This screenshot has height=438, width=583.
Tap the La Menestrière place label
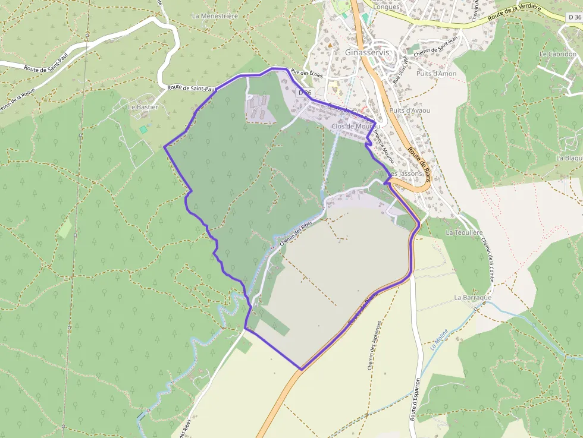215,16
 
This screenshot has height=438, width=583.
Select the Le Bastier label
143,107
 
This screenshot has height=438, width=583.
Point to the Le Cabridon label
557,53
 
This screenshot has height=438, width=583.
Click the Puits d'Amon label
436,74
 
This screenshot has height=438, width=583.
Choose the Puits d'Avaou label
409,111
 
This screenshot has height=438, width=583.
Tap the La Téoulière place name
464,232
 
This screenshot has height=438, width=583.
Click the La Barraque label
472,297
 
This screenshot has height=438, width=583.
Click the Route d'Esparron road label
416,399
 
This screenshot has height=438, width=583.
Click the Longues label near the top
386,7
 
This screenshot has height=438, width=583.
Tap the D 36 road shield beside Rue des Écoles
305,93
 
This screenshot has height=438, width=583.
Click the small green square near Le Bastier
143,129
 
